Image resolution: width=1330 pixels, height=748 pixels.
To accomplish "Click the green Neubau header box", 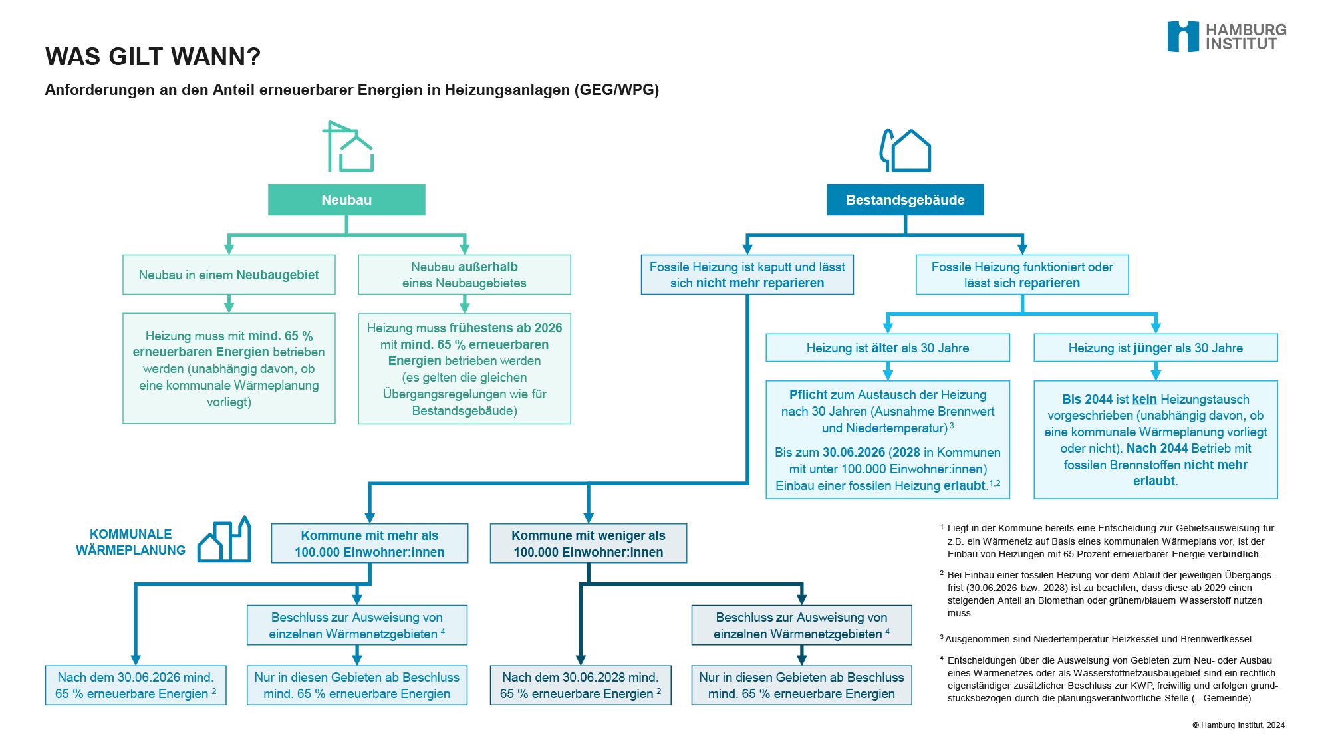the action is pyautogui.click(x=346, y=199).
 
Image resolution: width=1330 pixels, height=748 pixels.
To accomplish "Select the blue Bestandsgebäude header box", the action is pyautogui.click(x=905, y=199).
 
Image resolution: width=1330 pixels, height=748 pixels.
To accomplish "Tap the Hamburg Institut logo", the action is pyautogui.click(x=1227, y=37).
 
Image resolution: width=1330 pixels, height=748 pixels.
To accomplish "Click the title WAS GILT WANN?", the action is pyautogui.click(x=153, y=57).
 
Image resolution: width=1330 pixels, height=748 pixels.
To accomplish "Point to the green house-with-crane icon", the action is pyautogui.click(x=348, y=146).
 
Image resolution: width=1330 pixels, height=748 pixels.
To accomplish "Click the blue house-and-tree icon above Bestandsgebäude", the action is pyautogui.click(x=905, y=150).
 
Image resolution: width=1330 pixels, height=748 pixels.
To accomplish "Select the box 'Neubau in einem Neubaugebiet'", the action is pyautogui.click(x=229, y=275).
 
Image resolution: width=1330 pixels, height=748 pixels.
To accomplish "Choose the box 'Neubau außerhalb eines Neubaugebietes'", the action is pyautogui.click(x=464, y=275).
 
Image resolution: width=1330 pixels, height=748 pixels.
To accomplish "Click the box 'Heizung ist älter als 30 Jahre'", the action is pyautogui.click(x=888, y=348).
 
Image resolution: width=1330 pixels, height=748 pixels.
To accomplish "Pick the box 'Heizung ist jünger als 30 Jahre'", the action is pyautogui.click(x=1156, y=348).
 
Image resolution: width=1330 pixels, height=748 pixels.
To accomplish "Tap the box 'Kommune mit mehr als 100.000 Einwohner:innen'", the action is pyautogui.click(x=370, y=543).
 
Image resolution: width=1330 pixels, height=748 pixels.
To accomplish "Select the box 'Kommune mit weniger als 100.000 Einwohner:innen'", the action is pyautogui.click(x=589, y=543).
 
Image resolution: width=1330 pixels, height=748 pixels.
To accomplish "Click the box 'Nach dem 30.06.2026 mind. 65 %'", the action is pyautogui.click(x=136, y=685).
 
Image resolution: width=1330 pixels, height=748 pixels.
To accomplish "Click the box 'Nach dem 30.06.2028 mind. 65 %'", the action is pyautogui.click(x=581, y=685).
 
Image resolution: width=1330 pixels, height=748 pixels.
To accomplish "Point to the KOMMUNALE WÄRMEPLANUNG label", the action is pyautogui.click(x=130, y=542).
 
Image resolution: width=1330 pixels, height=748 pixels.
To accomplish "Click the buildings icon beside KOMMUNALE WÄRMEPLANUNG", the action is pyautogui.click(x=225, y=539).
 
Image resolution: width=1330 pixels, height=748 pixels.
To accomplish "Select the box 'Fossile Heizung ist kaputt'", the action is pyautogui.click(x=747, y=275).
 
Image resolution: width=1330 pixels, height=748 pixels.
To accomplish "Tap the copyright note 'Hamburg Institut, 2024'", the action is pyautogui.click(x=1238, y=725).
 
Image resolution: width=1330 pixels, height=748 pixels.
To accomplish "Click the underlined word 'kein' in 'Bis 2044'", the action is pyautogui.click(x=1144, y=399).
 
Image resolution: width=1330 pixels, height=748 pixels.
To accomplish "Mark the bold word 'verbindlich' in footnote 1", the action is pyautogui.click(x=1234, y=554).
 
